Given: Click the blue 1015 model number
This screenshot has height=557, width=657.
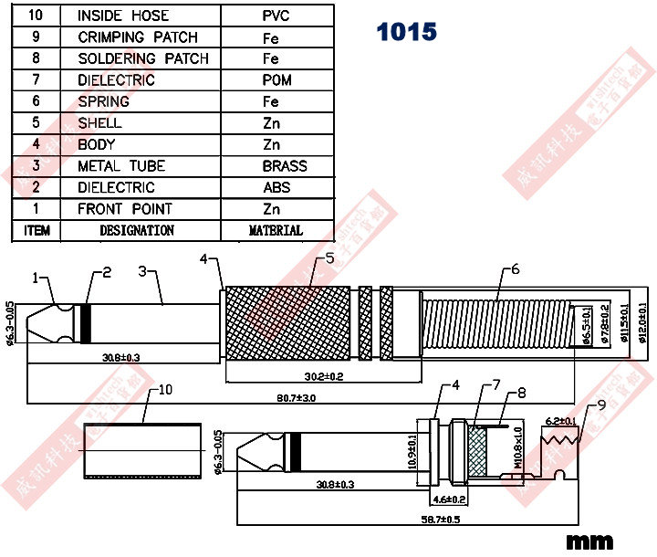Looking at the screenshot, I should pos(406,32).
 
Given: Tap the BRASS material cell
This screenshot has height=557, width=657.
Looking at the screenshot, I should pos(284,166).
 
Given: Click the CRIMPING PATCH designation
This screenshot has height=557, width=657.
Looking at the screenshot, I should pos(137,37).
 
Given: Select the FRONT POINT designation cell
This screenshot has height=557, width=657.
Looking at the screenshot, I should pos(124,209).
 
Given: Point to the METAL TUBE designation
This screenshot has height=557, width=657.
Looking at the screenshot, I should pos(121,166).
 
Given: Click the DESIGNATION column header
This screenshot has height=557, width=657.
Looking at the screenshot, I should pos(136,230).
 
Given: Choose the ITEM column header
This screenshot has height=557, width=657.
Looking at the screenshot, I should pos(36,230).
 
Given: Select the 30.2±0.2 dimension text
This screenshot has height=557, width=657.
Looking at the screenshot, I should pos(324,376).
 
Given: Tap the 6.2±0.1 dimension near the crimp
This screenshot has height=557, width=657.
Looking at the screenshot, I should pos(560,421).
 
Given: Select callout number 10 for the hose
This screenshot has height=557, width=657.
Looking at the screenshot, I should pos(165,390).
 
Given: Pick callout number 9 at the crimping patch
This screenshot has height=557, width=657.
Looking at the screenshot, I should pos(602,405).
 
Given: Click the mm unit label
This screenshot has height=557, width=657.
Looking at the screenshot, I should pos(590,541).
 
